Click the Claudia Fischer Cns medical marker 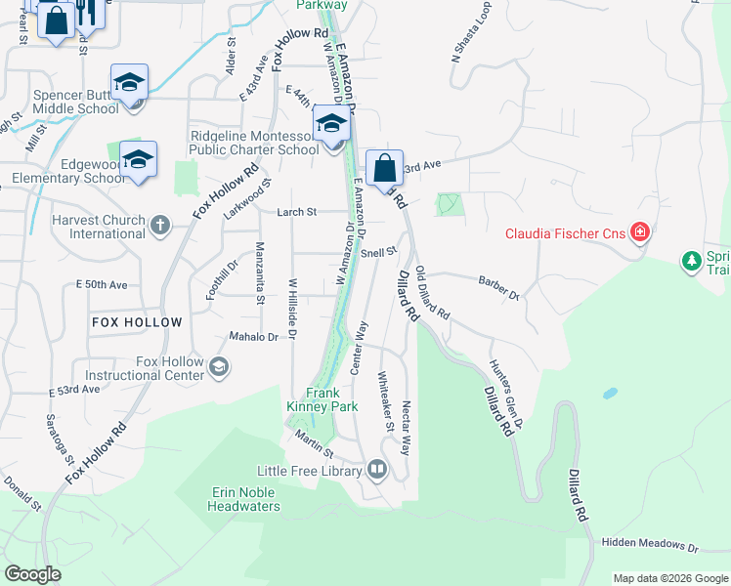640,232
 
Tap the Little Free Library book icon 377,471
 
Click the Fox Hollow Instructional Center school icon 220,367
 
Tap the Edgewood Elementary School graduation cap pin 138,160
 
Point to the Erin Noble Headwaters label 245,499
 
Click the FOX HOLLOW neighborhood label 137,322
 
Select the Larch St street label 297,211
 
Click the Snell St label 378,251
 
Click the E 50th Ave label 102,285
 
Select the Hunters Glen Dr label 507,395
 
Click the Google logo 33,574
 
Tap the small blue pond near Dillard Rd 611,394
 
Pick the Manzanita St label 261,273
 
